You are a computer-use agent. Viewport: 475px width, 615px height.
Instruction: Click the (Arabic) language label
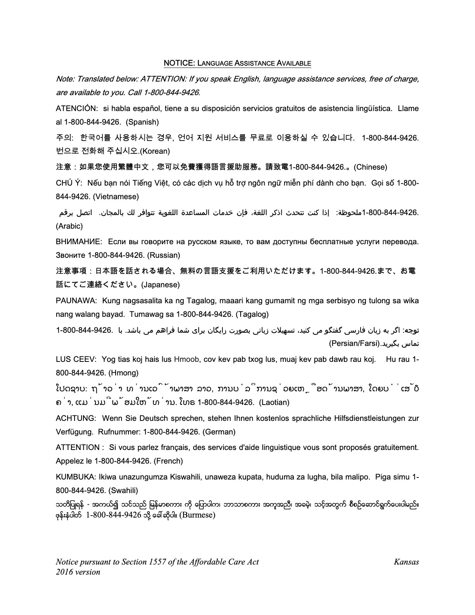(x=69, y=226)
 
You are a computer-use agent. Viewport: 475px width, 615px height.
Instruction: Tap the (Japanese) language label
(x=161, y=285)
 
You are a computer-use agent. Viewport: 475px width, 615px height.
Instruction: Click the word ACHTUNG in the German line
(x=76, y=418)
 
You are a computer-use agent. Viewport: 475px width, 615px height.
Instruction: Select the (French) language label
(x=168, y=461)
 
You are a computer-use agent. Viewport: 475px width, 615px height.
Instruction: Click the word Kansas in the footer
(x=406, y=562)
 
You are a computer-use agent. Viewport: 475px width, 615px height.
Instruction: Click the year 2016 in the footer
(x=65, y=572)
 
